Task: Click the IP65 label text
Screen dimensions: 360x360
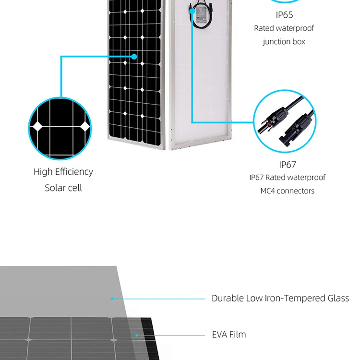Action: coord(284,15)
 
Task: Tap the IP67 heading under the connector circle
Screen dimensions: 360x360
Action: coord(288,165)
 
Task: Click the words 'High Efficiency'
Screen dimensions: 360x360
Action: coord(63,172)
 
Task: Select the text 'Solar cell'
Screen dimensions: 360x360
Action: coord(63,188)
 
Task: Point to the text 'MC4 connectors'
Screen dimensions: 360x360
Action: coord(284,191)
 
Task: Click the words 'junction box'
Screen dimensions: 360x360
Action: coord(284,42)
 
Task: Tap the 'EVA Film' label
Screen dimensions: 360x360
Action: coord(228,335)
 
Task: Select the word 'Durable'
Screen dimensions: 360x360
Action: coord(228,298)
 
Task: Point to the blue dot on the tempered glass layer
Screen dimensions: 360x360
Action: coord(112,299)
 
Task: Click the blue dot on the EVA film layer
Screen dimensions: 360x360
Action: coord(136,335)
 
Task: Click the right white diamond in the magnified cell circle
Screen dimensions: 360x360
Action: coord(84,126)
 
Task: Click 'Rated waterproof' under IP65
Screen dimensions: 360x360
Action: coord(284,28)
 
